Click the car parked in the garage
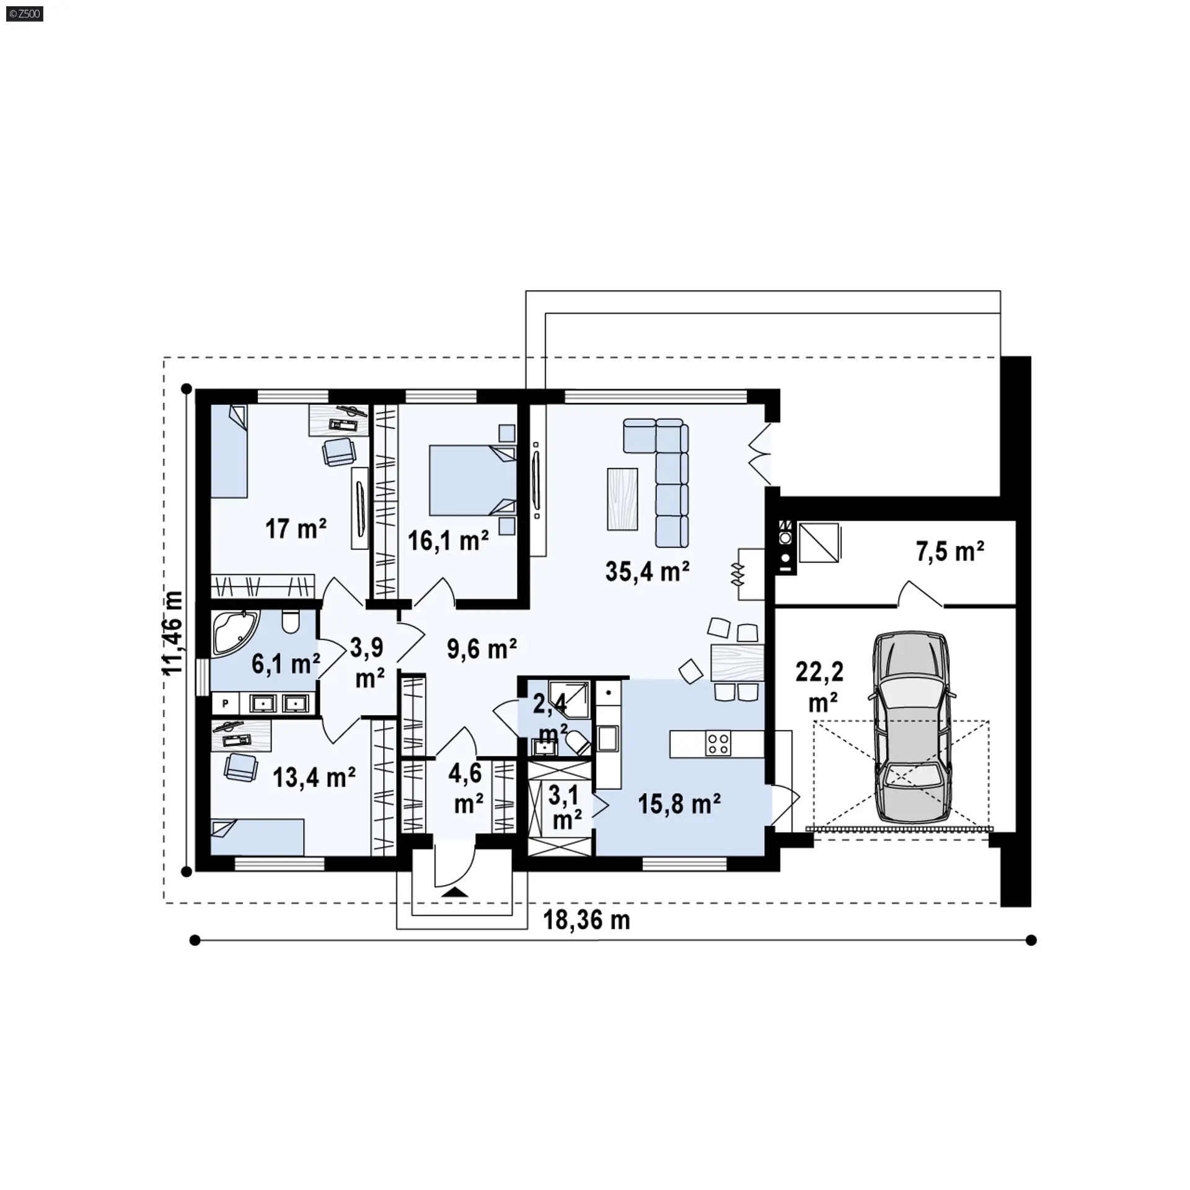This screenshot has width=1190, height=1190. point(911,728)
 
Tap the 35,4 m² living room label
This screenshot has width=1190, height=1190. point(648,571)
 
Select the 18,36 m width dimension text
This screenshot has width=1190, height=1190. point(586,920)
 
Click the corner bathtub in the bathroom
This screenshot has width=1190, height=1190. point(234,632)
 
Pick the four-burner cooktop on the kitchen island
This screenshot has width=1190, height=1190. point(718,744)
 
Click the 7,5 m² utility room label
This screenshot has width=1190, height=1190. point(950,550)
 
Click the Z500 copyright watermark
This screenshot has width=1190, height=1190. point(25,13)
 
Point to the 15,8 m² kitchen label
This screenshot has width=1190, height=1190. point(679,804)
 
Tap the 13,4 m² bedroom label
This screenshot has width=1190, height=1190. point(314,777)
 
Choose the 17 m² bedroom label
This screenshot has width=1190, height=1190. point(296,529)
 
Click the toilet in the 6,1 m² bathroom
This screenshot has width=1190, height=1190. point(290,621)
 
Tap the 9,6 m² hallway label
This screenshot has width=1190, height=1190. point(482,649)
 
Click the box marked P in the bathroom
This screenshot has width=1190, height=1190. point(226,703)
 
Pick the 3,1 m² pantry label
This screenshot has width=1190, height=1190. point(565,806)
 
